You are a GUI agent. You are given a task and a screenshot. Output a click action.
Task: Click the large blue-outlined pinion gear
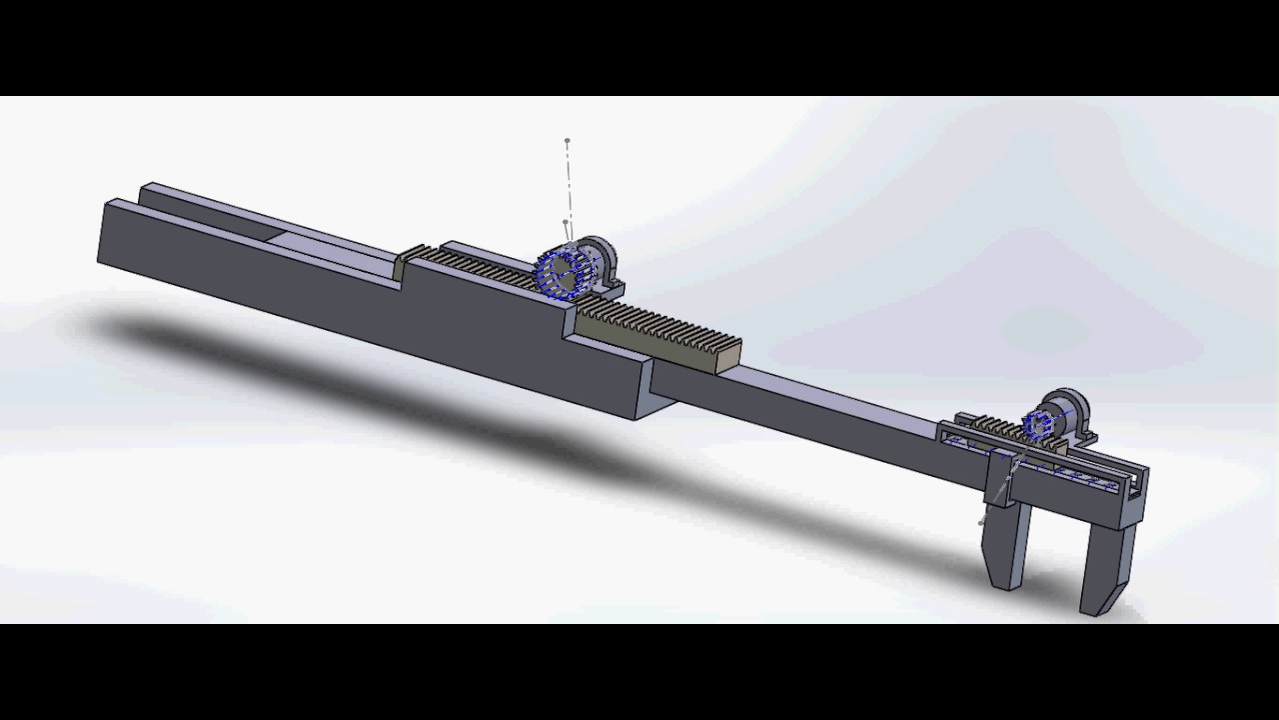coord(562,273)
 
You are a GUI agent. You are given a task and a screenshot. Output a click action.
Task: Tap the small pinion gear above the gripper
coord(1040,425)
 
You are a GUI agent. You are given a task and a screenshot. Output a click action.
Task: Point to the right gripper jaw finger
coord(1107,565)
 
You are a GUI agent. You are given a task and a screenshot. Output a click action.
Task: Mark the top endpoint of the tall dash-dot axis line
coord(568,141)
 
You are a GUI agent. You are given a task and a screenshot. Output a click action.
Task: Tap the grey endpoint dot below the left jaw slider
coord(981,520)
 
